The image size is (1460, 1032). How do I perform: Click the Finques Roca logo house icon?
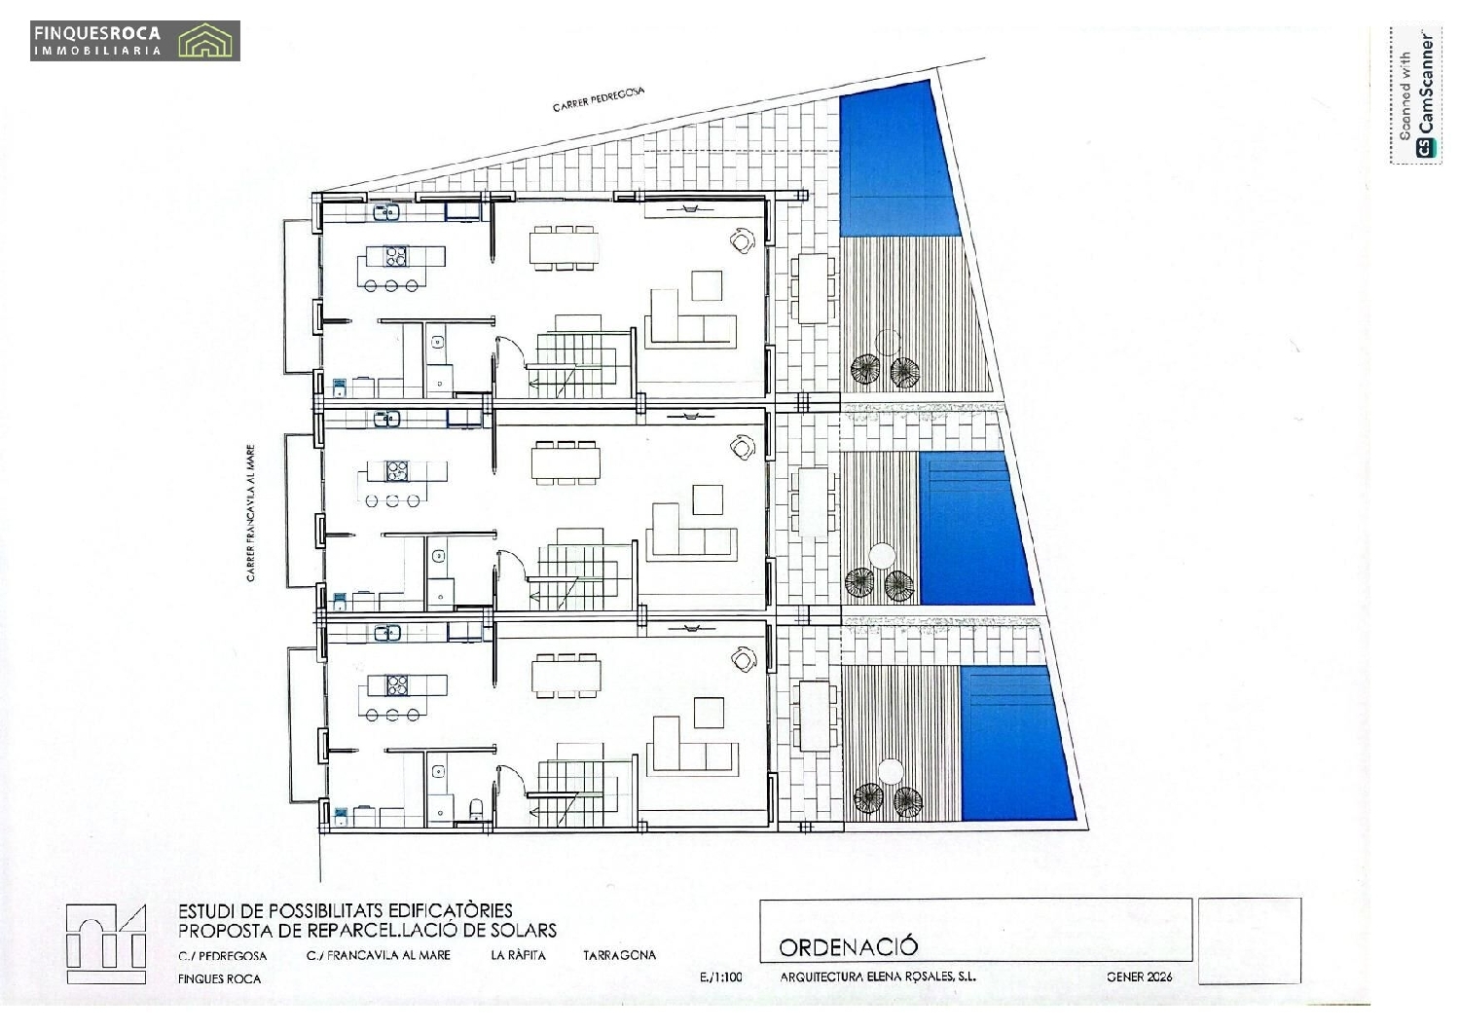click(x=207, y=42)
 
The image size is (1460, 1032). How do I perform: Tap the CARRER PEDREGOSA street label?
click(x=599, y=98)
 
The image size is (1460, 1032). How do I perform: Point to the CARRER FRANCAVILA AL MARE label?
click(x=251, y=513)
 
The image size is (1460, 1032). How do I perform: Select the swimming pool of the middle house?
click(x=972, y=528)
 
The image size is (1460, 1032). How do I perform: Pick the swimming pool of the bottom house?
click(x=1015, y=743)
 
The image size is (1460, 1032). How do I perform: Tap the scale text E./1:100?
click(x=720, y=977)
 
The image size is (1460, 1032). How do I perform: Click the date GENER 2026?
click(x=1139, y=977)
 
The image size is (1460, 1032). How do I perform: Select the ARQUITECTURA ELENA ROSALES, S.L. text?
click(x=878, y=977)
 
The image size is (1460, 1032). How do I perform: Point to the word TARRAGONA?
click(x=619, y=955)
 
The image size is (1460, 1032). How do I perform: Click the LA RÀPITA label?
click(x=518, y=955)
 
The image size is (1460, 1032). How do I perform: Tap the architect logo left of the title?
click(x=106, y=943)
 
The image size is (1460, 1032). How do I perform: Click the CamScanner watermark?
click(x=1416, y=95)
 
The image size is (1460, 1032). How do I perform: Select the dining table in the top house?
click(x=564, y=247)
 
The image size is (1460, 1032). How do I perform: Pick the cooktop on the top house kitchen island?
click(x=395, y=256)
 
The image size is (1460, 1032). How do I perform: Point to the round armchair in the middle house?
click(x=744, y=447)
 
